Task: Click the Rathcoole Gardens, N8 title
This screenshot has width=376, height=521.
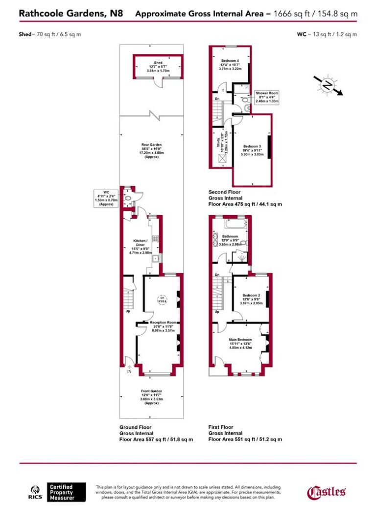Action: click(x=70, y=14)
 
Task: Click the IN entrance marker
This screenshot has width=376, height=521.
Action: click(x=129, y=372)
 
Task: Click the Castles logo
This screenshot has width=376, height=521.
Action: click(x=326, y=492)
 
